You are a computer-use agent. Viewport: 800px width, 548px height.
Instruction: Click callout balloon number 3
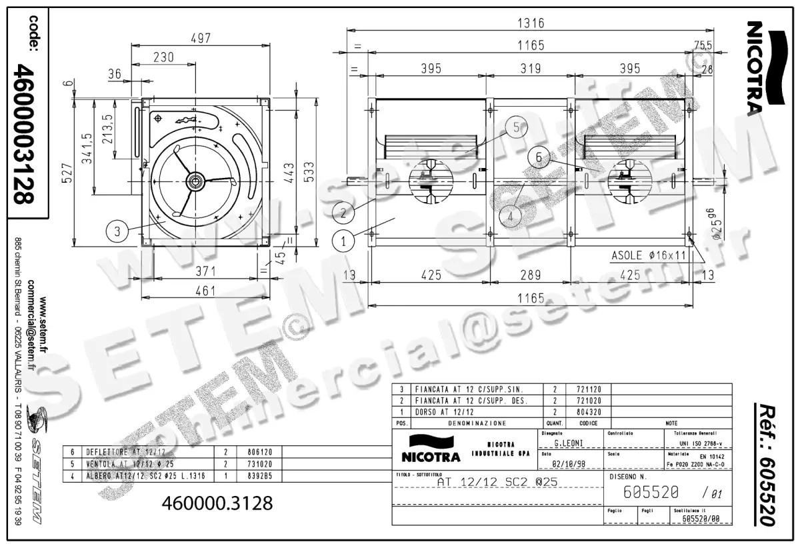point(117,231)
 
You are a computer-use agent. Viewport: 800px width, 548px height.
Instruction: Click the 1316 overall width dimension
point(531,23)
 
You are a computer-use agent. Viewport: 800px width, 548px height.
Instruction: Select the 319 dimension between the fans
point(531,69)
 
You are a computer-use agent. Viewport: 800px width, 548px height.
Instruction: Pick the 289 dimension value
point(531,274)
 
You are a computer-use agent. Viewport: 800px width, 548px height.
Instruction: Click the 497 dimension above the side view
point(200,39)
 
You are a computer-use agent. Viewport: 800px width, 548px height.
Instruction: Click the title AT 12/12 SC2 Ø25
point(497,481)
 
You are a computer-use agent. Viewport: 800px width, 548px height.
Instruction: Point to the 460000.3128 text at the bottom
point(217,503)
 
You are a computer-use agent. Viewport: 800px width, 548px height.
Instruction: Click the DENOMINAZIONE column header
point(477,423)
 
